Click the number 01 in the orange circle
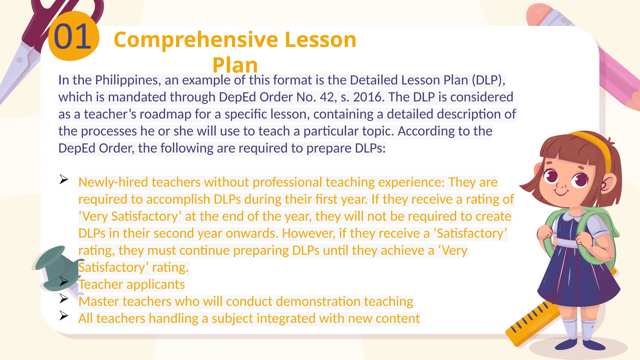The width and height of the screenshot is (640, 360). click(x=72, y=37)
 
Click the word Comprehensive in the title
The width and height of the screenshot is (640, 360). click(x=196, y=40)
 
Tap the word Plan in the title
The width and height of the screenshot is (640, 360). click(x=235, y=65)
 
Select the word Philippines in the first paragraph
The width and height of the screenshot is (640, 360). click(x=128, y=80)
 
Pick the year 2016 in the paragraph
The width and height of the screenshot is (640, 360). click(x=367, y=97)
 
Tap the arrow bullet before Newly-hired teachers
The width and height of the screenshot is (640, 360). click(x=64, y=179)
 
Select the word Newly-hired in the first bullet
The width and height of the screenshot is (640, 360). click(x=113, y=182)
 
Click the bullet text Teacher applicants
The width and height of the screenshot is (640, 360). click(x=132, y=285)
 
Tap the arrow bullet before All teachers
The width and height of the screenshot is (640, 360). click(x=64, y=316)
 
